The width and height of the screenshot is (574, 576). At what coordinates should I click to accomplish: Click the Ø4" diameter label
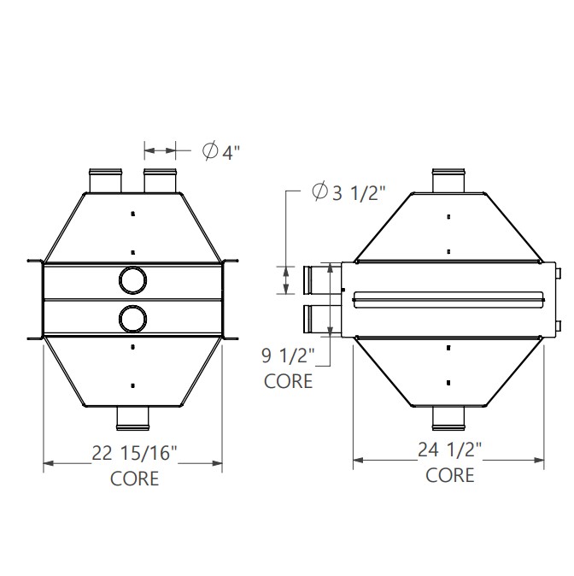(221, 152)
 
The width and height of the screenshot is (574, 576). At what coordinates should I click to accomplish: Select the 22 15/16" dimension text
(135, 454)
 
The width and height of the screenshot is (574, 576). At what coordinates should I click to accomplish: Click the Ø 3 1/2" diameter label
(349, 193)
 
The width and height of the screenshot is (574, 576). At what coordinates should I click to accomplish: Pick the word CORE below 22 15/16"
(135, 479)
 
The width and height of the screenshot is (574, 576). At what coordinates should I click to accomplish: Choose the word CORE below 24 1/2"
(450, 474)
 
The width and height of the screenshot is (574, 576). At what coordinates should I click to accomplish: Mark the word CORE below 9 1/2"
(288, 380)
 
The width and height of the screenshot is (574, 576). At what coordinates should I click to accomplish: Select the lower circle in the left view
(132, 319)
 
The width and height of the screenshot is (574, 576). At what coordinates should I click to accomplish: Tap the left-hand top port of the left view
(104, 181)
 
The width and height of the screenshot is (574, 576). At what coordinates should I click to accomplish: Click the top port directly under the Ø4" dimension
(160, 181)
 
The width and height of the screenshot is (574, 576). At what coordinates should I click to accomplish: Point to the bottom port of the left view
(132, 416)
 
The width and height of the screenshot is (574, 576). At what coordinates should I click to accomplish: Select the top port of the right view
(449, 181)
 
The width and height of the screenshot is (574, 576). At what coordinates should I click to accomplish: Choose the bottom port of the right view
(449, 416)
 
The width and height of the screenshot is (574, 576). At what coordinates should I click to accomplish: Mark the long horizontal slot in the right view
(449, 298)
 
